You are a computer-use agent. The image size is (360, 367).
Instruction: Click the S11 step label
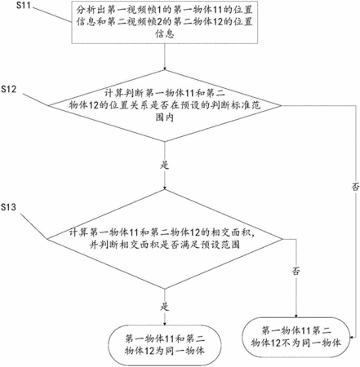pyautogui.click(x=24, y=5)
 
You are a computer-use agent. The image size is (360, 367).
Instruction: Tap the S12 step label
pyautogui.click(x=9, y=89)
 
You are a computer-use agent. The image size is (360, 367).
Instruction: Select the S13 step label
pyautogui.click(x=9, y=207)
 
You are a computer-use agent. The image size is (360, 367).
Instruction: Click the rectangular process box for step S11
pyautogui.click(x=165, y=22)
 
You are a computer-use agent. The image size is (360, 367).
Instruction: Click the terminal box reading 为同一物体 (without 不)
pyautogui.click(x=165, y=345)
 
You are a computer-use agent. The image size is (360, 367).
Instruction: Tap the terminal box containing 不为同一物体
pyautogui.click(x=296, y=337)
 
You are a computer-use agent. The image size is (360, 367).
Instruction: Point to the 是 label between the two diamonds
pyautogui.click(x=165, y=165)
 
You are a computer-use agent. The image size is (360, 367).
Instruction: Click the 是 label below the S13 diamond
pyautogui.click(x=165, y=307)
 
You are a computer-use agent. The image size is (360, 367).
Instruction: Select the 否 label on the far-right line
pyautogui.click(x=355, y=187)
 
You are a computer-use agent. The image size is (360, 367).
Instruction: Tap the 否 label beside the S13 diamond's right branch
pyautogui.click(x=296, y=271)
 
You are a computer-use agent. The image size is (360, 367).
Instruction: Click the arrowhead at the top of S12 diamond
pyautogui.click(x=165, y=69)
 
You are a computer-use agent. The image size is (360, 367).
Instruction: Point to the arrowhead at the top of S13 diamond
pyautogui.click(x=165, y=188)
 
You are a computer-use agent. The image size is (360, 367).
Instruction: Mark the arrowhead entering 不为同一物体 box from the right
pyautogui.click(x=352, y=338)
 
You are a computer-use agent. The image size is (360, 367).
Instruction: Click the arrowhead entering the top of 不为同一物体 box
pyautogui.click(x=296, y=316)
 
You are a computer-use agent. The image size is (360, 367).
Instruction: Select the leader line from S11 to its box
pyautogui.click(x=52, y=15)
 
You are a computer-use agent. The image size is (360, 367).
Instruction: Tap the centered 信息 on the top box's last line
pyautogui.click(x=165, y=34)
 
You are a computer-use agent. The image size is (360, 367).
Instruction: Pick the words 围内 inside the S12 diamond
pyautogui.click(x=165, y=117)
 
